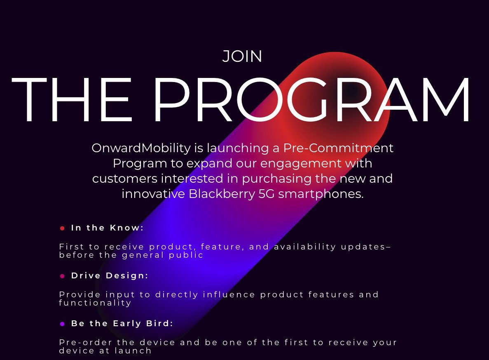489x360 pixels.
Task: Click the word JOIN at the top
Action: (x=242, y=56)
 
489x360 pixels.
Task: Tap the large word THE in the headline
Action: (x=72, y=100)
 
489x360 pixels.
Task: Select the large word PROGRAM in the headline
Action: (x=311, y=100)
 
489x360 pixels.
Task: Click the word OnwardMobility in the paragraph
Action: (x=141, y=148)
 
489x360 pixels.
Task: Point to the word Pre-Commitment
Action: (x=338, y=148)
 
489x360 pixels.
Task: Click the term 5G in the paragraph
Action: (x=267, y=194)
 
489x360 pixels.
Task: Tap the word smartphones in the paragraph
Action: (x=321, y=194)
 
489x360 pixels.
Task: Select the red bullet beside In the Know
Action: (x=62, y=228)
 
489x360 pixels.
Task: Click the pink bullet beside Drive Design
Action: (x=62, y=276)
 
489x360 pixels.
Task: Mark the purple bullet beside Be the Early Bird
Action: (x=62, y=324)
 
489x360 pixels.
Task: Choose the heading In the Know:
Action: (x=107, y=228)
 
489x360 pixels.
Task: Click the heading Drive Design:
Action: (x=110, y=276)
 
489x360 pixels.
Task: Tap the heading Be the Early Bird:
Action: (x=122, y=323)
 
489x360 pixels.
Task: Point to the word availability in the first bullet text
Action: (x=305, y=247)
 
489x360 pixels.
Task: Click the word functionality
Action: (x=95, y=303)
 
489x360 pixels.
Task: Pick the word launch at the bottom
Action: (x=133, y=351)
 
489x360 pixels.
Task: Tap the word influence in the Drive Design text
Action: (x=229, y=294)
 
